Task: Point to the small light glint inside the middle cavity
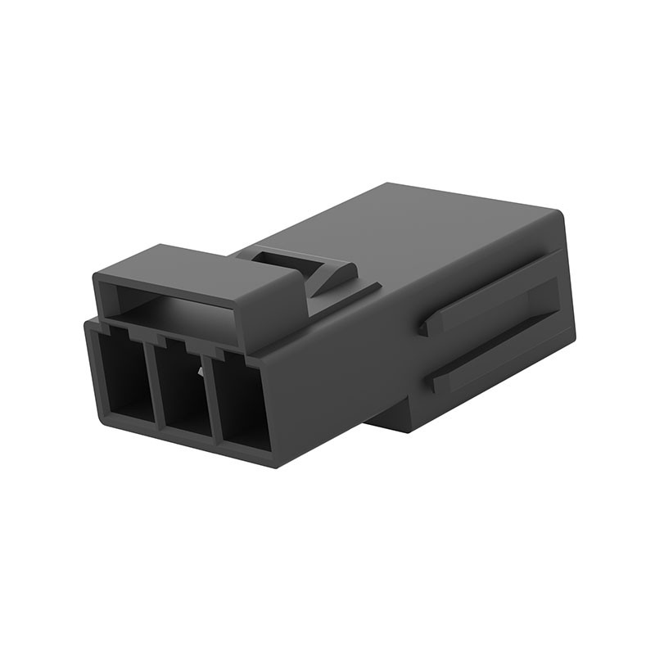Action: coord(198,374)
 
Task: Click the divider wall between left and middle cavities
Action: coord(151,385)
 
